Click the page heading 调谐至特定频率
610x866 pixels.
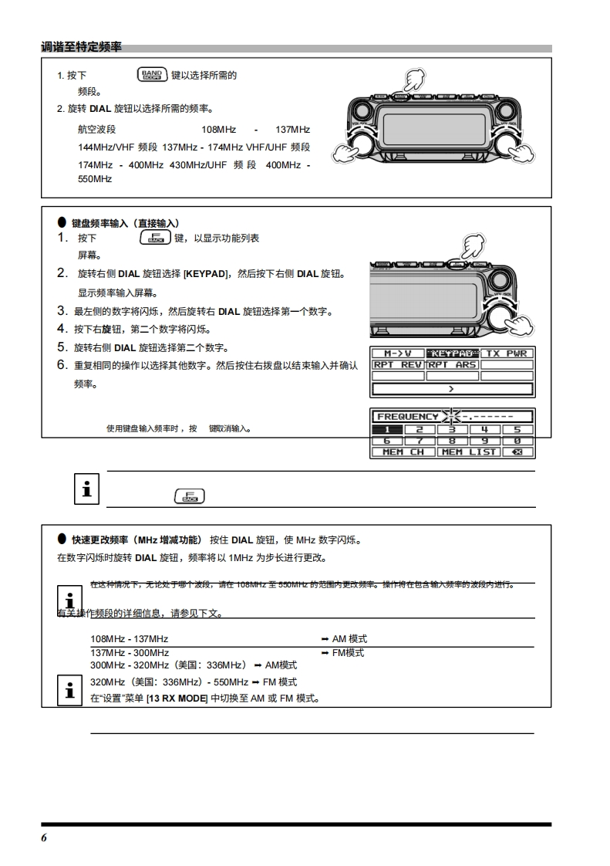[81, 48]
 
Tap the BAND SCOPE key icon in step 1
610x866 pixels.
[151, 75]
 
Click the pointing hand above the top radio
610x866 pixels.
[413, 79]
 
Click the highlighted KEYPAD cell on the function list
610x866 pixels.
[452, 354]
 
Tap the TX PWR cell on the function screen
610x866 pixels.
[507, 354]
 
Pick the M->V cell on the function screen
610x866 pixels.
[398, 354]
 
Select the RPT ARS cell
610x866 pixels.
[452, 364]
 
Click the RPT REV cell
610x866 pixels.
[398, 364]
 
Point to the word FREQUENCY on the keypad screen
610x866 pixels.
[407, 417]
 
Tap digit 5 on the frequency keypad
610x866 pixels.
[517, 429]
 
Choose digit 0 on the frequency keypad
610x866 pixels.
[517, 441]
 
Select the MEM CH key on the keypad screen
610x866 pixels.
[403, 452]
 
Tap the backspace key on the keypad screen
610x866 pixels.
[517, 452]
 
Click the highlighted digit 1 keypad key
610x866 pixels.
[387, 429]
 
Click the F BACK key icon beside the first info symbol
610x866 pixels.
[189, 496]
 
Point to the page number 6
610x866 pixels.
[45, 838]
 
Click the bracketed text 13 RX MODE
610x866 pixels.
[177, 699]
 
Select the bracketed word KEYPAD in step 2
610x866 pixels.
[207, 274]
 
